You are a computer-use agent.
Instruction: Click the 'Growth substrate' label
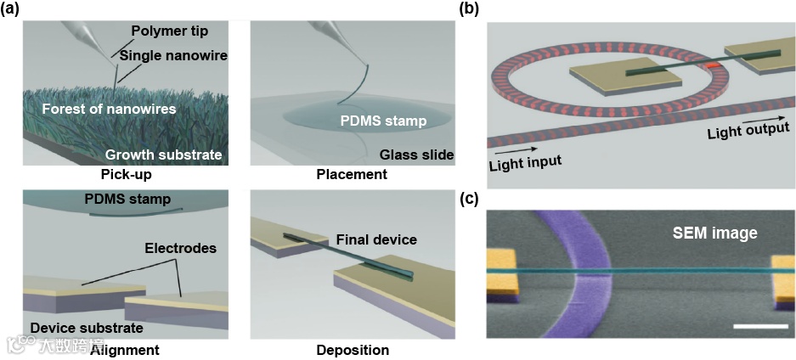click(164, 155)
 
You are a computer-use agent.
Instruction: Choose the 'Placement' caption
click(352, 174)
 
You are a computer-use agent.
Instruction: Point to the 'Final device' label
click(376, 239)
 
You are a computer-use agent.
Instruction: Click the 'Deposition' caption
click(353, 350)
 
